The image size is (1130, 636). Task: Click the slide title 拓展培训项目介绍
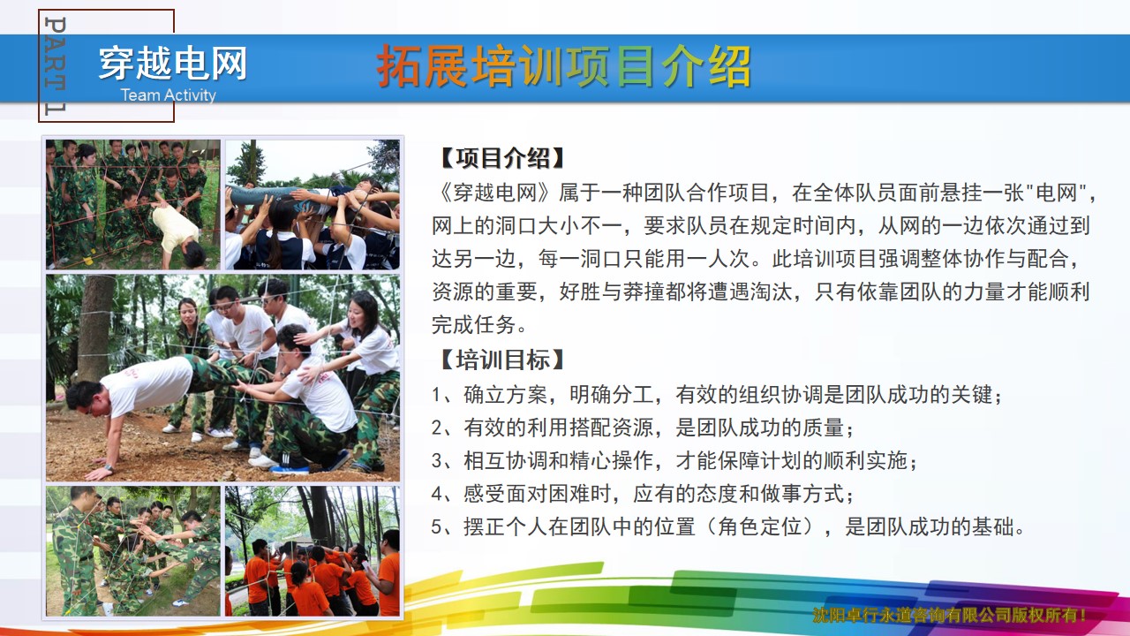pos(564,66)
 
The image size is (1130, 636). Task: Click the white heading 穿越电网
pos(172,63)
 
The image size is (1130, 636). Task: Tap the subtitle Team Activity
pos(169,95)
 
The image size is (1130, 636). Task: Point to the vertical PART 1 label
pos(56,65)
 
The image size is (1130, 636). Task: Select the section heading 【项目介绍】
pos(502,158)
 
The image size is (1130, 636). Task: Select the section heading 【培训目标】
pos(502,360)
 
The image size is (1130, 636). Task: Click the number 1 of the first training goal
pos(436,395)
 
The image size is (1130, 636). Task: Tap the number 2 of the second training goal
pos(437,428)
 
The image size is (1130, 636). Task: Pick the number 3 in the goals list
pos(437,461)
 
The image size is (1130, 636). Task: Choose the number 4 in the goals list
pos(437,494)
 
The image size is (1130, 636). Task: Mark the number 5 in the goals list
pos(437,527)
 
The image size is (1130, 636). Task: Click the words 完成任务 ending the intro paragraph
pos(473,324)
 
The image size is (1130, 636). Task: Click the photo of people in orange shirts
pos(313,551)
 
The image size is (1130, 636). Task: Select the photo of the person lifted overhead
pos(313,204)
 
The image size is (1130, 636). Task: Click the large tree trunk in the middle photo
pos(94,328)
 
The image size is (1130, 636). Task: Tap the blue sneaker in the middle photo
pos(290,469)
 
